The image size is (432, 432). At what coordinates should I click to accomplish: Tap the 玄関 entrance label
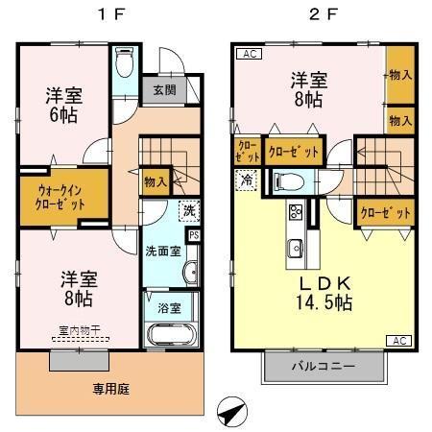[162, 91]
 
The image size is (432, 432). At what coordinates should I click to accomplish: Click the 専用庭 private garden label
[110, 390]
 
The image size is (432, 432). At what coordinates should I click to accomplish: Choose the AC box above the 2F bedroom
[247, 54]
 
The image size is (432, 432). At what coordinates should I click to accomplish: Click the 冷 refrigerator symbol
[248, 179]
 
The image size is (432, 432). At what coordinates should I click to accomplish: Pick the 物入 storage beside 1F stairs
[155, 180]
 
